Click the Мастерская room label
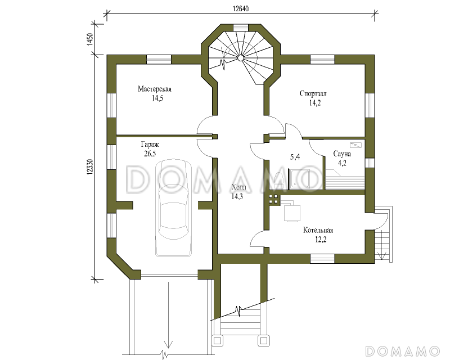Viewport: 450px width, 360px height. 154,89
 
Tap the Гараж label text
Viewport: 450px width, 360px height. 150,144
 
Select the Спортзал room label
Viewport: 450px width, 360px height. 313,93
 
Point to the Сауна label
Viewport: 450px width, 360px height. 342,154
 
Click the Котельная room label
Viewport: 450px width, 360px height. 318,230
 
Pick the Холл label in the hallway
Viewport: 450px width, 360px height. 238,187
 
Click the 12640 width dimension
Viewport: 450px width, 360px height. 241,8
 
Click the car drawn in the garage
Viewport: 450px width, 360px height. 173,208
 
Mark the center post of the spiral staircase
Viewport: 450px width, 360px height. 241,58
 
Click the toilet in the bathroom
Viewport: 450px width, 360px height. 278,181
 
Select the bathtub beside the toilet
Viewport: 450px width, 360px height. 299,179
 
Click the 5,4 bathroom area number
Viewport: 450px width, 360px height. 295,157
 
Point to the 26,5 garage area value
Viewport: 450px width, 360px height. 150,154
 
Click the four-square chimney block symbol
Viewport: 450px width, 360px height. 273,199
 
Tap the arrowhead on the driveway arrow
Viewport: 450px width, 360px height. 168,344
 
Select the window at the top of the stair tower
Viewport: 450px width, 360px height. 241,27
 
